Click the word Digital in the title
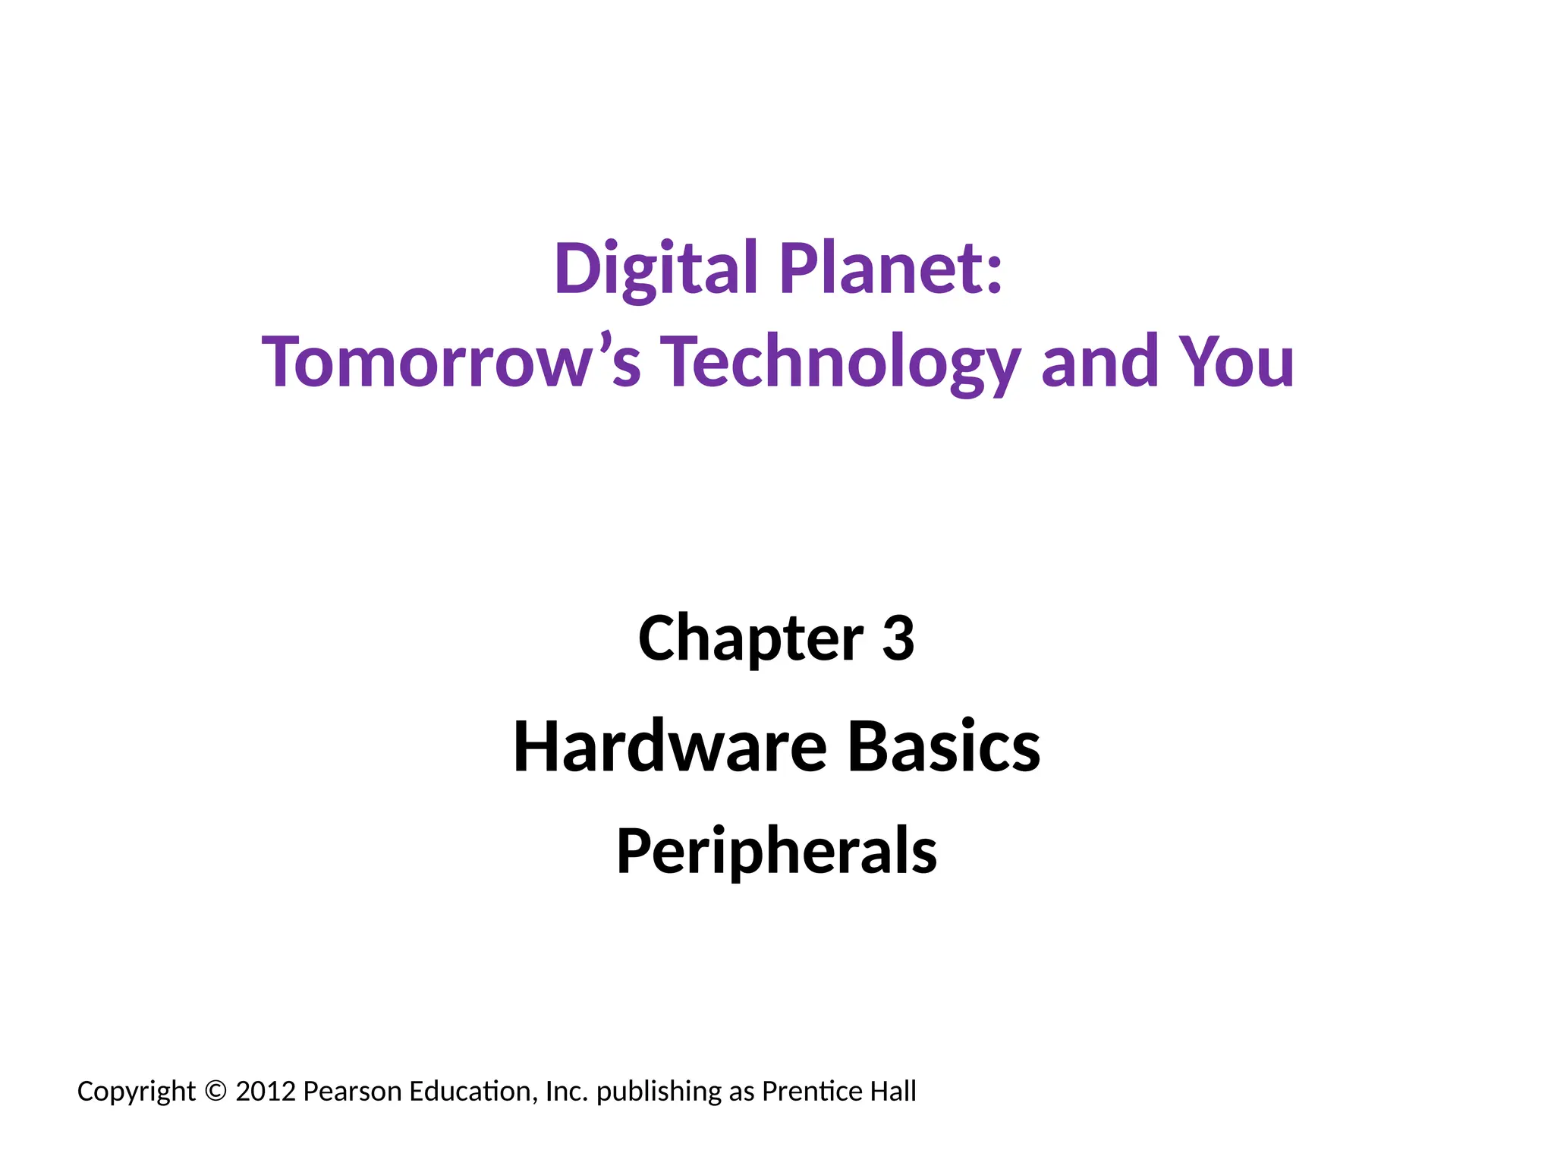click(x=656, y=269)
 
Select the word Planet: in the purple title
click(x=892, y=269)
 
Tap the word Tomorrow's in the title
click(x=451, y=362)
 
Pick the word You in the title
click(x=1237, y=362)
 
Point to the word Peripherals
click(x=777, y=852)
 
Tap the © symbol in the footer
click(x=215, y=1092)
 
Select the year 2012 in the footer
click(x=266, y=1092)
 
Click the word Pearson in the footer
click(x=352, y=1092)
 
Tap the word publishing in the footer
click(x=659, y=1092)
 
